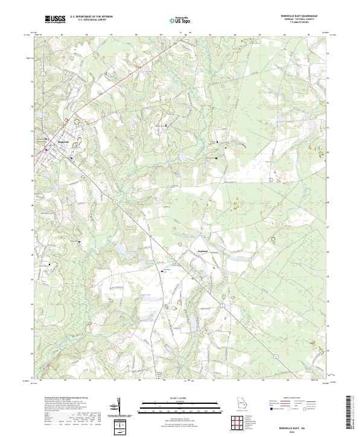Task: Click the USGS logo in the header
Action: (55, 20)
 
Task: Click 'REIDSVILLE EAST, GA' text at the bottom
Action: (306, 424)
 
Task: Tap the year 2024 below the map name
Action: (306, 429)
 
